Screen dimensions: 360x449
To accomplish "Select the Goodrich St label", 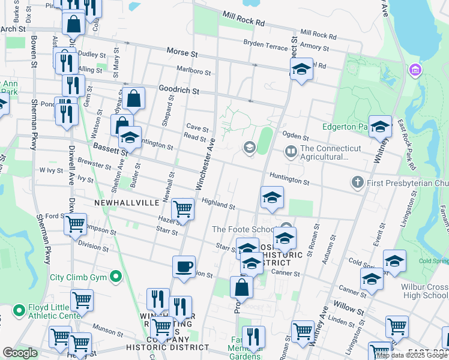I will tap(179, 89).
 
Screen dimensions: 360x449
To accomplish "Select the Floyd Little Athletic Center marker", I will tap(16, 310).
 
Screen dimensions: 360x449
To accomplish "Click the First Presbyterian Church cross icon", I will tap(357, 181).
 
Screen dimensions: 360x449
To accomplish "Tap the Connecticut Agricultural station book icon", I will tap(291, 151).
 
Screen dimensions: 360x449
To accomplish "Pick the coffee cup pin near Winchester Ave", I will tap(184, 266).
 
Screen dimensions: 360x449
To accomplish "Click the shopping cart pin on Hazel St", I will tap(182, 209).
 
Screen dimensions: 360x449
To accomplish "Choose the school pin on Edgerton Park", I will tap(380, 127).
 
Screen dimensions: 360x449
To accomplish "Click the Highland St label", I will tap(218, 204).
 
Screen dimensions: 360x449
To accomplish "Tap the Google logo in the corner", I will tap(20, 353).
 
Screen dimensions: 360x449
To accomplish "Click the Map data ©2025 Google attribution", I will tap(412, 355).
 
